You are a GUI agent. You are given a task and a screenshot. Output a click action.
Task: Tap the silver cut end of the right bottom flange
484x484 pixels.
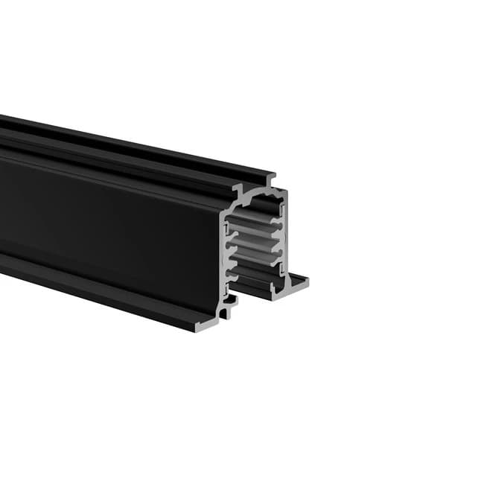point(296,283)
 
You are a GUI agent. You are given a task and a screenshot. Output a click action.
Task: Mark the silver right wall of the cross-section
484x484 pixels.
point(284,238)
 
